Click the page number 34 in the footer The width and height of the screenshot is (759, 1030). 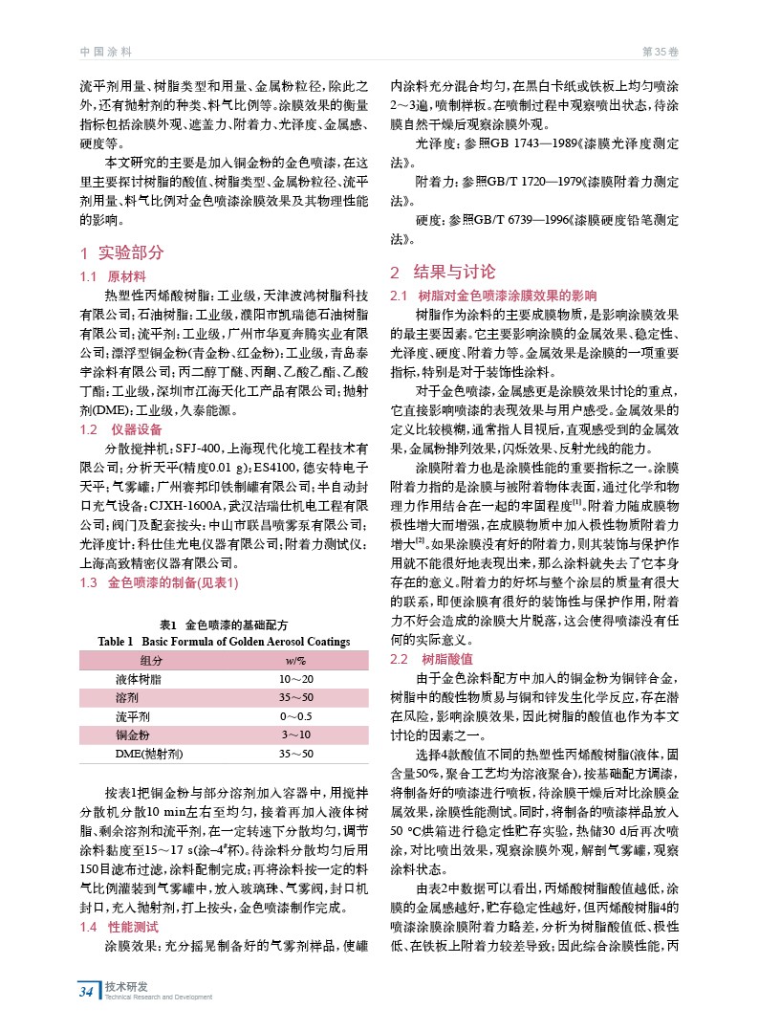pyautogui.click(x=87, y=991)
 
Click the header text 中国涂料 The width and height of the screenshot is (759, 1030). pyautogui.click(x=104, y=50)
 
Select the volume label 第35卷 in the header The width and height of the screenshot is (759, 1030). pyautogui.click(x=659, y=50)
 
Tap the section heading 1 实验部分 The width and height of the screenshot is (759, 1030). pyautogui.click(x=122, y=253)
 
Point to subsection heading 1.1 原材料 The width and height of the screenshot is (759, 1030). pyautogui.click(x=111, y=275)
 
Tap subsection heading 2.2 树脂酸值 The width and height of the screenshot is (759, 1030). pyautogui.click(x=426, y=660)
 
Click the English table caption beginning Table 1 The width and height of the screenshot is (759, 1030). pyautogui.click(x=224, y=641)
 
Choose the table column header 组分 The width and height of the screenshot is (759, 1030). pyautogui.click(x=151, y=661)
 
